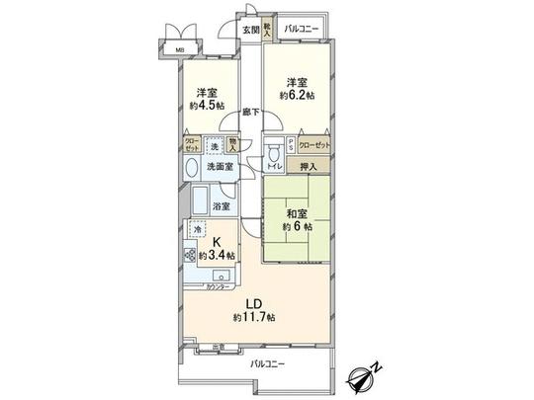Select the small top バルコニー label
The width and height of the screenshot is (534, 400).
pyautogui.click(x=301, y=30)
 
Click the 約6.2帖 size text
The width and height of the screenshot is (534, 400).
pyautogui.click(x=296, y=95)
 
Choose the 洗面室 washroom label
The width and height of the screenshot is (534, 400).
pyautogui.click(x=220, y=167)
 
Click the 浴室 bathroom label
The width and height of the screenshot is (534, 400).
pyautogui.click(x=222, y=206)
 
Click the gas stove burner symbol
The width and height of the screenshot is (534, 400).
pyautogui.click(x=190, y=254)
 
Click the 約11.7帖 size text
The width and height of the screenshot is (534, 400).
pyautogui.click(x=253, y=318)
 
